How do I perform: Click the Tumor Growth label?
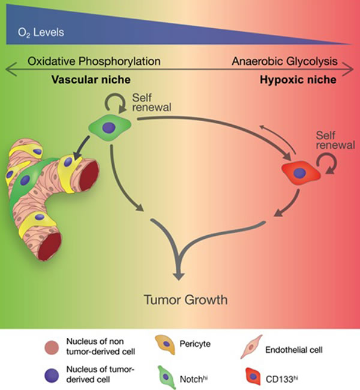[179, 298]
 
